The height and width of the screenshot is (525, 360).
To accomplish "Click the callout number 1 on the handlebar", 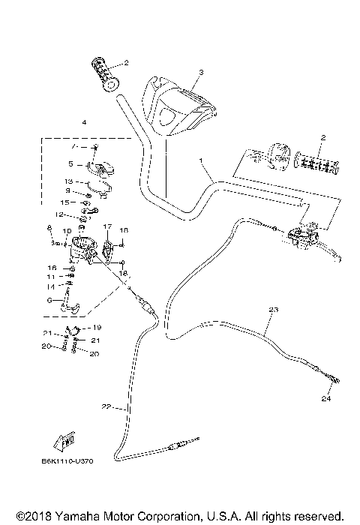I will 201,160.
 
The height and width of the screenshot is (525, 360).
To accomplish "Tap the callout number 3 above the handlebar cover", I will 201,73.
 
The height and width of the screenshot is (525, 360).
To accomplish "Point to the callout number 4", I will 84,121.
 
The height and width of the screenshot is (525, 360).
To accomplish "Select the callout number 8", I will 50,227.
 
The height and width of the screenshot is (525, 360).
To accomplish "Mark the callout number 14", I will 51,286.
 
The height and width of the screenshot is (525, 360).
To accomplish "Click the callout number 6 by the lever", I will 49,299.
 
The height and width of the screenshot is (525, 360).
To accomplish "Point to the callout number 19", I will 97,328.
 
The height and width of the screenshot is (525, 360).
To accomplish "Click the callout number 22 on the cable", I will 106,407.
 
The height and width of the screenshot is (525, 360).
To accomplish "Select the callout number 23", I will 272,310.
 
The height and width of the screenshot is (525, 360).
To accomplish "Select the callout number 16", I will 52,267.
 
